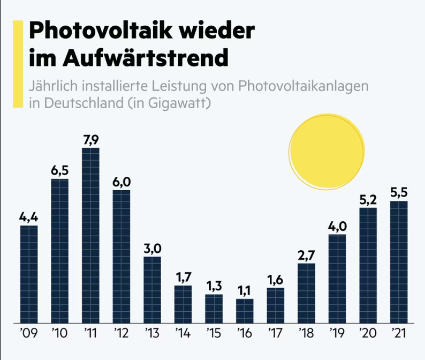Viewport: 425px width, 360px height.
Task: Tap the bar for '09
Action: (x=29, y=274)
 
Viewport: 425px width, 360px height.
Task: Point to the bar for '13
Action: (x=152, y=289)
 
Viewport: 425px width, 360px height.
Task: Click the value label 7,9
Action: (x=91, y=140)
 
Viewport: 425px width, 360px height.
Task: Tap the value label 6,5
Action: (x=60, y=171)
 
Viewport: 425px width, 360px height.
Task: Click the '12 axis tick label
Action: (x=122, y=334)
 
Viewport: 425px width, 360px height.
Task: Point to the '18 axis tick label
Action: (x=306, y=334)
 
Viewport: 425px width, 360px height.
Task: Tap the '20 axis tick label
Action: (x=368, y=334)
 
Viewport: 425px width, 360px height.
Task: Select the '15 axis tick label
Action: (x=214, y=334)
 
